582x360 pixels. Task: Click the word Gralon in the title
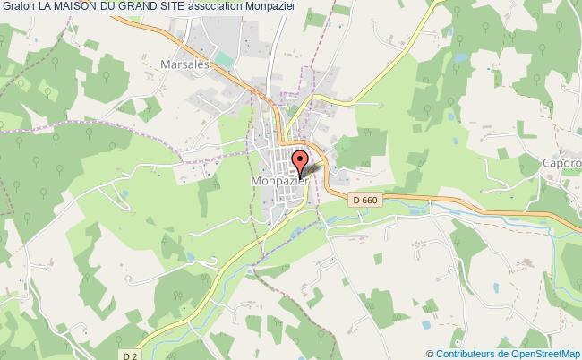click(19, 8)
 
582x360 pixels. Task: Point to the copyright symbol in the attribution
click(429, 352)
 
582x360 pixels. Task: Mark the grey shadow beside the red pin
click(311, 167)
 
